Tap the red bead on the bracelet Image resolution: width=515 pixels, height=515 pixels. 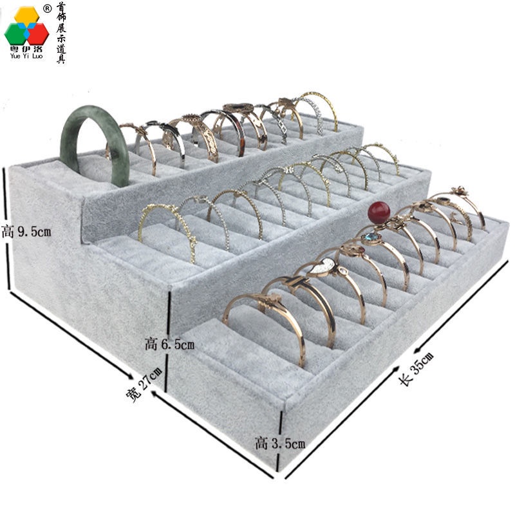click(379, 212)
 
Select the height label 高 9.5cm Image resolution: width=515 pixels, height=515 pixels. click(26, 232)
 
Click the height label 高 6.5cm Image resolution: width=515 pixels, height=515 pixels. click(169, 344)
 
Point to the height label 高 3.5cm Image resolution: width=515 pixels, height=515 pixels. click(280, 444)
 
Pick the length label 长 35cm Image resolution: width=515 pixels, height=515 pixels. click(416, 368)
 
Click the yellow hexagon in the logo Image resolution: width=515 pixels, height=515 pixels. click(26, 15)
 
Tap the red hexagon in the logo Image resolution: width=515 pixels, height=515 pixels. click(38, 33)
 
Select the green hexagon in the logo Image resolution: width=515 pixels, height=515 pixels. click(15, 34)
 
